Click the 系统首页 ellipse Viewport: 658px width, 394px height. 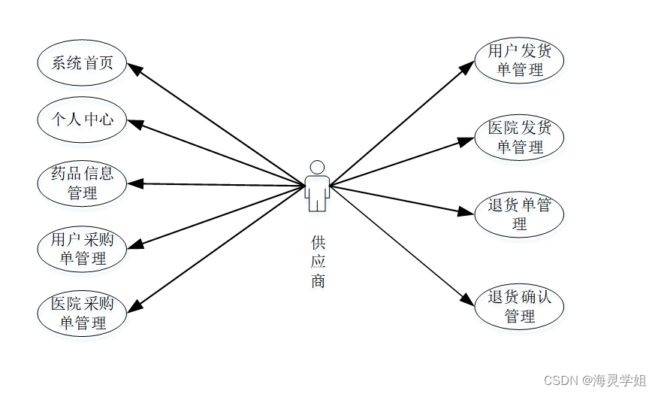(x=82, y=62)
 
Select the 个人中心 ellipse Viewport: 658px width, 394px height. (x=82, y=119)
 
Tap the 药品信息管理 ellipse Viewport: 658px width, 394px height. (x=82, y=183)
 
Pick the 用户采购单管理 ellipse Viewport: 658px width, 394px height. (x=82, y=250)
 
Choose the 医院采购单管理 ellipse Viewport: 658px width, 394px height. (x=82, y=314)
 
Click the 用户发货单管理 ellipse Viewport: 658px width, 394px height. (x=519, y=61)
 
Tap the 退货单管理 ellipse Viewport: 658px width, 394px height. (x=519, y=214)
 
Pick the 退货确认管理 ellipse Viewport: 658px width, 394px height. (x=519, y=307)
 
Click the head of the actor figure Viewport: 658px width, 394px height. (x=317, y=168)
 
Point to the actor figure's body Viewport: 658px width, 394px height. (x=317, y=192)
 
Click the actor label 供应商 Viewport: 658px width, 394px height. (x=318, y=262)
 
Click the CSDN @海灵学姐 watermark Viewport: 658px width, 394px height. (x=594, y=380)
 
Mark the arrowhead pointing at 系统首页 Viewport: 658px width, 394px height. (x=135, y=68)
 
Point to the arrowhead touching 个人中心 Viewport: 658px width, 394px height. (x=134, y=122)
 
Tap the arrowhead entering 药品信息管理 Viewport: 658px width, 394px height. (x=134, y=183)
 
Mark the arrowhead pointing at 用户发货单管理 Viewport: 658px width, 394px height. (x=467, y=68)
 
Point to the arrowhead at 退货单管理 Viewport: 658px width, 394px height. (x=468, y=212)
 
